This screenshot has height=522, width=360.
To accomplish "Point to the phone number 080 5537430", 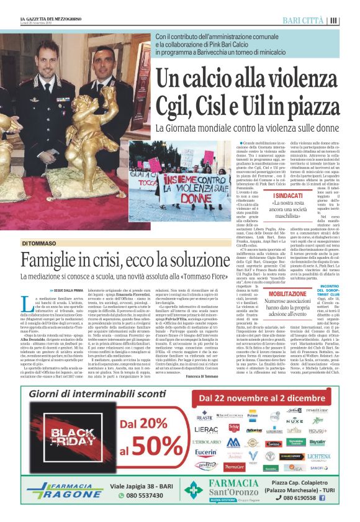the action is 145,495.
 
